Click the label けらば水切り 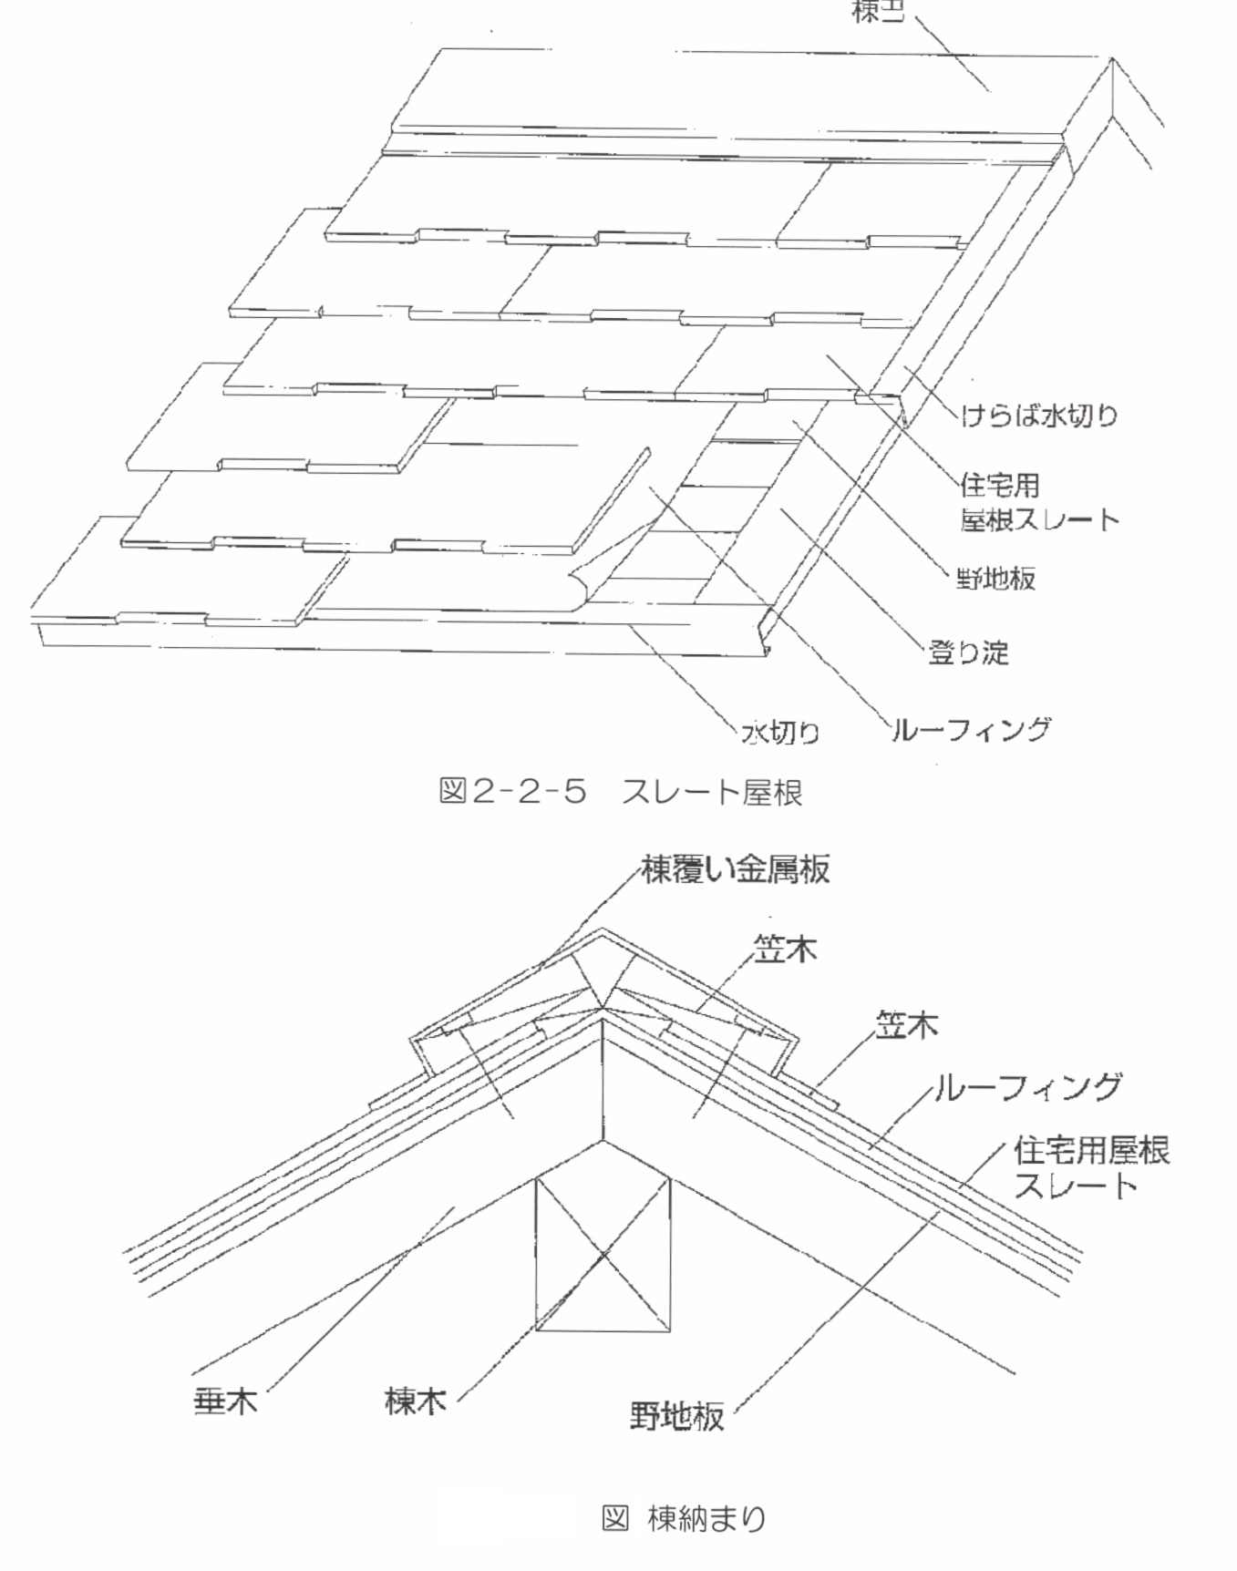[x=1039, y=416]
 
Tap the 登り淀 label [x=968, y=652]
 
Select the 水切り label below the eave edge [x=781, y=732]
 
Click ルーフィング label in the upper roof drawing [x=970, y=730]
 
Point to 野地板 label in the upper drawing [x=995, y=578]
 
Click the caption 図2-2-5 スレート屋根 [x=620, y=791]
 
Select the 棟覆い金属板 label [x=736, y=869]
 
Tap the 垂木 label [x=226, y=1401]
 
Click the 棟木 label [x=416, y=1401]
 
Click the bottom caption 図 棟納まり [x=684, y=1518]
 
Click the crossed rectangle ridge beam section [x=603, y=1254]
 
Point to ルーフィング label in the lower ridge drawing [x=1027, y=1087]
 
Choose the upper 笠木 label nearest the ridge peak [x=785, y=950]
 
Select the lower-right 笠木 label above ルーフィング [x=906, y=1026]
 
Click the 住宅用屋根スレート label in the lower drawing [x=1090, y=1167]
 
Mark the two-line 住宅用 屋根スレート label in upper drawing [x=1037, y=502]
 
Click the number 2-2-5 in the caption [x=528, y=791]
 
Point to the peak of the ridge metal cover [x=602, y=931]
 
